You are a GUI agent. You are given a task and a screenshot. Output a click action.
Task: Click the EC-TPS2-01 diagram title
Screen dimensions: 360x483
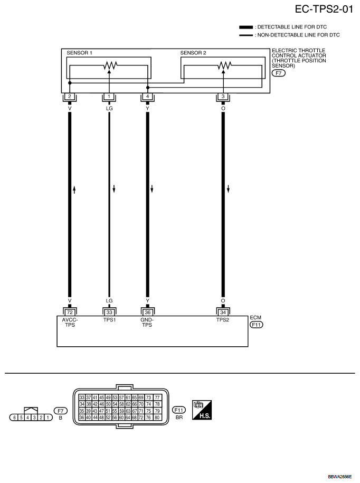324,10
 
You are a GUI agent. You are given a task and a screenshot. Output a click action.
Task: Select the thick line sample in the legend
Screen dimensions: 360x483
246,27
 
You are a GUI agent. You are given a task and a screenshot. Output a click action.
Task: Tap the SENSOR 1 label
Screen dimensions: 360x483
80,53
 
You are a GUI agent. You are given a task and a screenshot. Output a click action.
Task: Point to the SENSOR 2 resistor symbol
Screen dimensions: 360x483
224,65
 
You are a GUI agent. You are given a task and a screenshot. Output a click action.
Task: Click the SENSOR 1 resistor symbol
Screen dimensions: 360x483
110,65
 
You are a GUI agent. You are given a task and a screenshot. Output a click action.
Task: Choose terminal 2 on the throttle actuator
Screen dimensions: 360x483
70,97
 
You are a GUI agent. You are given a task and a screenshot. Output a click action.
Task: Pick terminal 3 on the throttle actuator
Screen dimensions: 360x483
223,97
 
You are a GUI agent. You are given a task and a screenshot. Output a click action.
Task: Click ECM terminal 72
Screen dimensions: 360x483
70,312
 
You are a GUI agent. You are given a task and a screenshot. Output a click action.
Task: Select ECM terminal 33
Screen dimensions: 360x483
109,312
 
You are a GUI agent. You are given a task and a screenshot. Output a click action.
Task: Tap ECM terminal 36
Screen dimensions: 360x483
147,312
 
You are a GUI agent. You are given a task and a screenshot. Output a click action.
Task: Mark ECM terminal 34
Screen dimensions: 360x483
223,312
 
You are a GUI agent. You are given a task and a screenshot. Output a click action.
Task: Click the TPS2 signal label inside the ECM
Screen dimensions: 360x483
223,320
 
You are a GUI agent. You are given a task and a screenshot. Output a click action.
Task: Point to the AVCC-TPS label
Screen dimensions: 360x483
70,322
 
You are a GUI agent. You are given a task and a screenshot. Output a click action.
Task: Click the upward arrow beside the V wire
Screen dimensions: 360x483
74,189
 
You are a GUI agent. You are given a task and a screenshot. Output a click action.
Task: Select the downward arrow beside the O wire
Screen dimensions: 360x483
228,189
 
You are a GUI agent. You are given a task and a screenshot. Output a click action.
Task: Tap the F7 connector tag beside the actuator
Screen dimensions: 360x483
278,73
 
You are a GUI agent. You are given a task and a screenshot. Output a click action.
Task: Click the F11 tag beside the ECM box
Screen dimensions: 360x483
257,325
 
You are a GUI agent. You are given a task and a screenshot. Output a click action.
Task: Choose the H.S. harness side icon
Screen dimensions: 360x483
202,410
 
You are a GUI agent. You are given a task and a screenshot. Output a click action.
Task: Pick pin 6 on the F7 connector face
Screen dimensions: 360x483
14,418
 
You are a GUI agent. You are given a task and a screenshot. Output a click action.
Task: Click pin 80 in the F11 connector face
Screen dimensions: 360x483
157,418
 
